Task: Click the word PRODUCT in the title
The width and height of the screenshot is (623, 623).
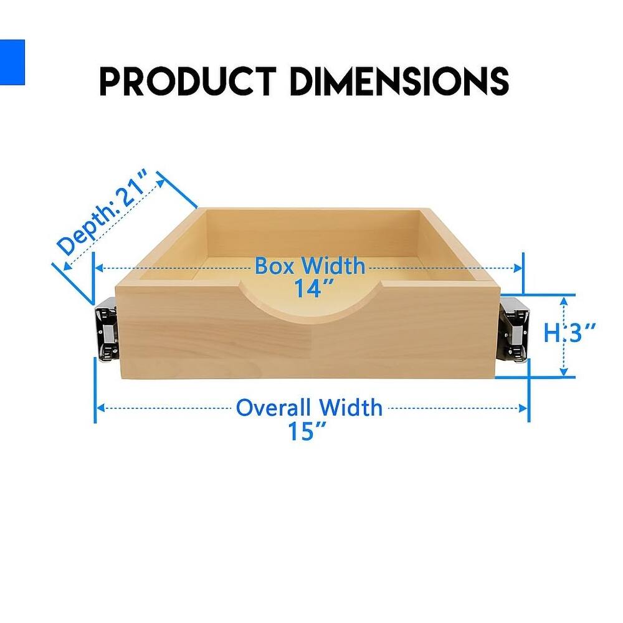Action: coord(187,81)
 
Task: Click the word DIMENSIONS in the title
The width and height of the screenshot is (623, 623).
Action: coord(399,81)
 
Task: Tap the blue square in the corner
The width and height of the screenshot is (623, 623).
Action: coord(11,62)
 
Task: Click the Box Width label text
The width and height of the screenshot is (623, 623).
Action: coord(310,267)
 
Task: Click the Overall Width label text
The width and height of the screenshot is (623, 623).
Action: coord(309,408)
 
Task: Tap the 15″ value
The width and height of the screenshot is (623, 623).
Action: coord(308,430)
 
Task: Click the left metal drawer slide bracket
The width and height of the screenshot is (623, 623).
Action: coord(107,330)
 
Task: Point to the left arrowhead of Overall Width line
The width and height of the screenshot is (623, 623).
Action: coord(98,409)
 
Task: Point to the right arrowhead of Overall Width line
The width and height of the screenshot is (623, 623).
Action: coord(525,409)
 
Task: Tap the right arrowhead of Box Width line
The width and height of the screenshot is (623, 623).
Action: coord(518,268)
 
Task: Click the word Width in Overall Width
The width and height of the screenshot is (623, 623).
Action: coord(351,408)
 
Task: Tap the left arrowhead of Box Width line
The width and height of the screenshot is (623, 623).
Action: coord(98,268)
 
